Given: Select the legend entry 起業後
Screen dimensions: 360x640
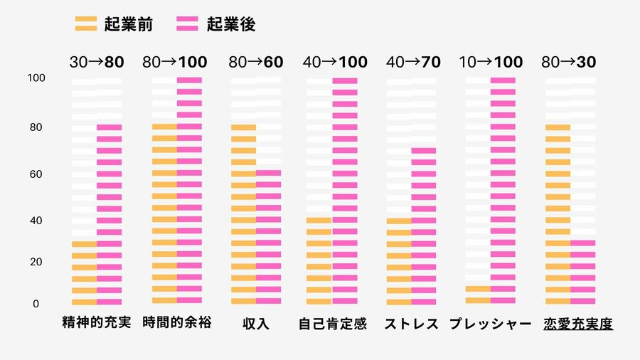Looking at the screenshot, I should point(216,25).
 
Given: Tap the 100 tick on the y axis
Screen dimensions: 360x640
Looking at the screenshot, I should point(36,78).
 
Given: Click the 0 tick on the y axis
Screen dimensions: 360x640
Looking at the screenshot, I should point(35,305).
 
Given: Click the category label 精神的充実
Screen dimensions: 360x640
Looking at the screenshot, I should point(97,324).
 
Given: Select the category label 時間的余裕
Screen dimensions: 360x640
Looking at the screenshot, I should point(177,324).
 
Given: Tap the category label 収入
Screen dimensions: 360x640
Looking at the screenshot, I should point(256,324).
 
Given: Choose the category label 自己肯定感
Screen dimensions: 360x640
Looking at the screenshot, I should point(332,324).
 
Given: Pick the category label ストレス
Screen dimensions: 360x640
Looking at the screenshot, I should point(412,324).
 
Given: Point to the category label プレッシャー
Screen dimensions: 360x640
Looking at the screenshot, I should point(491,324).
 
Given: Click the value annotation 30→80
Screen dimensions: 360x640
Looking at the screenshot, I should point(97,62).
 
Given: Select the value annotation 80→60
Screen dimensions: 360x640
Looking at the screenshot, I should point(256,62).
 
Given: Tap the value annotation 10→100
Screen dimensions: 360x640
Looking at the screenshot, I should point(491,62).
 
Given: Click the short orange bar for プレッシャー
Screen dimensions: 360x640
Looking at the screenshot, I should point(478,295).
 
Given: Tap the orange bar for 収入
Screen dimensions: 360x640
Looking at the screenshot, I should point(243,213).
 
